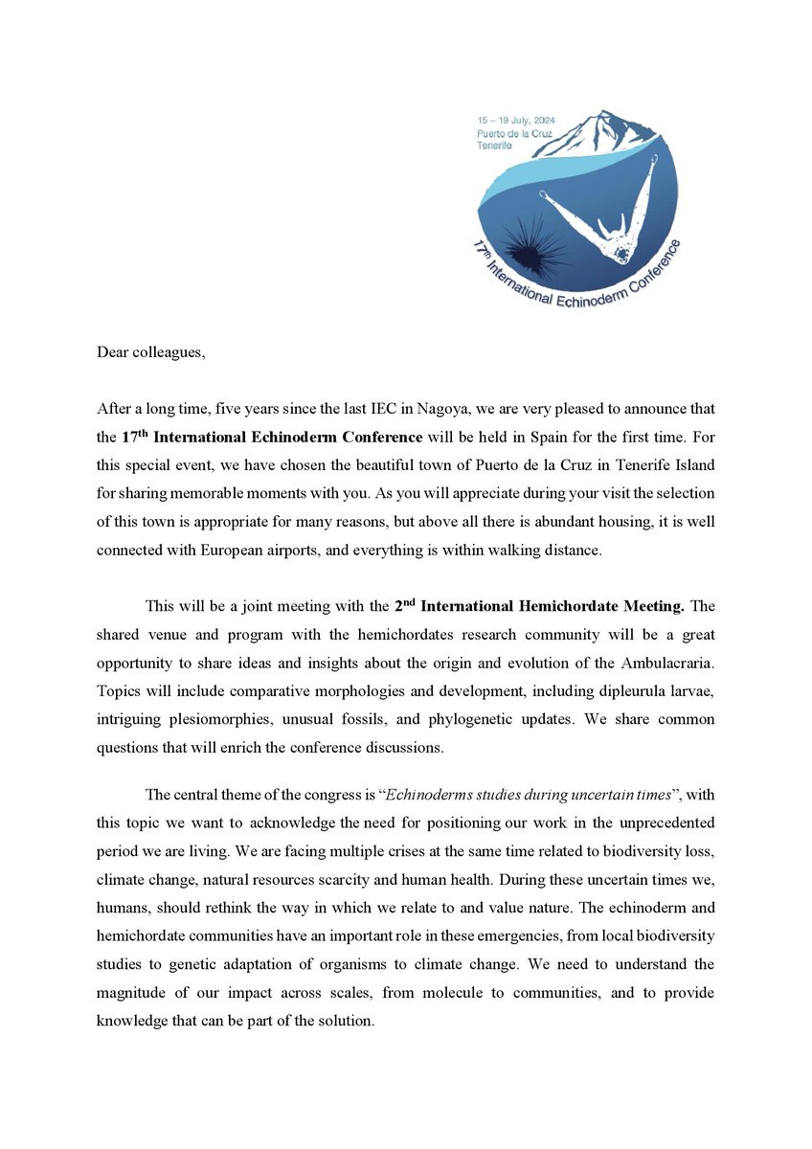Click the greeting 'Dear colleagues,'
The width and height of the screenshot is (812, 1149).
pyautogui.click(x=151, y=351)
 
